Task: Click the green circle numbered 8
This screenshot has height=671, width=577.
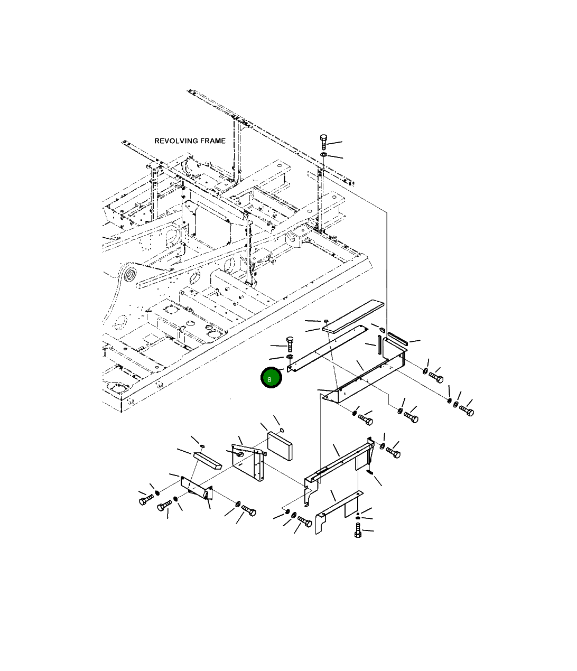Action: coord(271,378)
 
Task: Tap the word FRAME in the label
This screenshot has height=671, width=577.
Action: coord(213,141)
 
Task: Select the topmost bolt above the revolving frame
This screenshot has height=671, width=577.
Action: coord(323,142)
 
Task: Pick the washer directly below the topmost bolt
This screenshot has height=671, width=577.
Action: coord(323,154)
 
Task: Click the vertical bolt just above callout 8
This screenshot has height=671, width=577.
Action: coord(290,344)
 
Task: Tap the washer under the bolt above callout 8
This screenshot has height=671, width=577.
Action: coord(290,357)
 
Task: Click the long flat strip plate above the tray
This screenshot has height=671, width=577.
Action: coord(352,316)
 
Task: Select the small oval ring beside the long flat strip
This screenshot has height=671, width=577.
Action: coord(326,321)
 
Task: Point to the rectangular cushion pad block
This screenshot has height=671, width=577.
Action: coord(280,446)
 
